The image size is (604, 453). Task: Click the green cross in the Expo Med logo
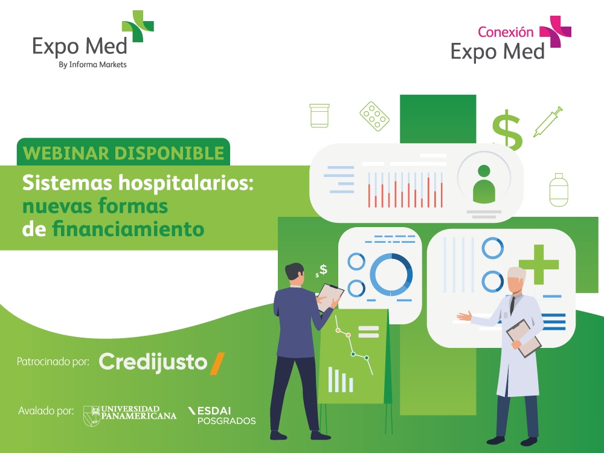[138, 26]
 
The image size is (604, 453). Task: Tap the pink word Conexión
[506, 32]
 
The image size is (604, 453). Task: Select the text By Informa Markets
[92, 65]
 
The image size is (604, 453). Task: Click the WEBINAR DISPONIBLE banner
[123, 153]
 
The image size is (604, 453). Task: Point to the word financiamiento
[128, 229]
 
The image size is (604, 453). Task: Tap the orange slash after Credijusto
[217, 364]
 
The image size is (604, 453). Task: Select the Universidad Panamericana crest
[92, 416]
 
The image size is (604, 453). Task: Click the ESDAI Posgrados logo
[222, 416]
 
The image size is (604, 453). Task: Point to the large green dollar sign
[507, 130]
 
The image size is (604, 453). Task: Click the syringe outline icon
[548, 122]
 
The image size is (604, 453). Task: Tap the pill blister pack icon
[374, 117]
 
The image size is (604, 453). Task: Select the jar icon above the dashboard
[320, 115]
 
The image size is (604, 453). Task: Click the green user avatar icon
[484, 184]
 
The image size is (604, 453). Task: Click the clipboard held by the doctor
[524, 338]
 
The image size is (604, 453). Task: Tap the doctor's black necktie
[512, 305]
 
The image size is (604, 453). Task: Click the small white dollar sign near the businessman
[323, 269]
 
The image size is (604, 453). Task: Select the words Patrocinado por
[53, 362]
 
